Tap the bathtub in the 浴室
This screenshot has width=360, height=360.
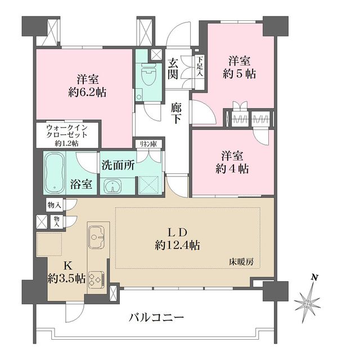click(55, 173)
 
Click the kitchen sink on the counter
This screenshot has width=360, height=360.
click(97, 237)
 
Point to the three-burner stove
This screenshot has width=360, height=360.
click(96, 278)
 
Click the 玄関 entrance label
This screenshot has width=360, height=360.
click(173, 68)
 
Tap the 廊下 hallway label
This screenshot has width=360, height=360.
click(176, 114)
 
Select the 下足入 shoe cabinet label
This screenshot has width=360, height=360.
click(200, 66)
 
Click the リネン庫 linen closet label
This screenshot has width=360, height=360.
click(148, 144)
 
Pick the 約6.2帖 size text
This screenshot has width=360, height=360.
click(88, 93)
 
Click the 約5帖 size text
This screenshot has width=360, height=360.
click(239, 74)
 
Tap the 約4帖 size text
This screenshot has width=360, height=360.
click(232, 169)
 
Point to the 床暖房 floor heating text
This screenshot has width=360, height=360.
click(241, 262)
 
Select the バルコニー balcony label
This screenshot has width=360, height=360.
click(156, 318)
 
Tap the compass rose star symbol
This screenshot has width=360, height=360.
click(307, 303)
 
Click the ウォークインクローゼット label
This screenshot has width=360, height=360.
click(67, 131)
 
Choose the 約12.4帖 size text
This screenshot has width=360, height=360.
click(177, 246)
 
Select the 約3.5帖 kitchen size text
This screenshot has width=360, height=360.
click(66, 279)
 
